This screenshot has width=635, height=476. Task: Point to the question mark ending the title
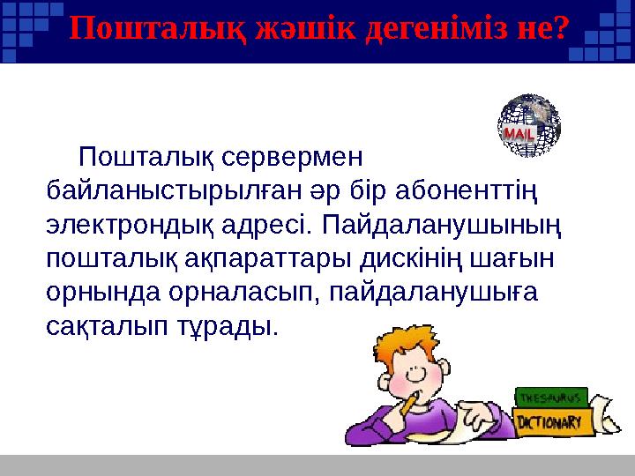(556, 29)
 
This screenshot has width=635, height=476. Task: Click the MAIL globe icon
(530, 127)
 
